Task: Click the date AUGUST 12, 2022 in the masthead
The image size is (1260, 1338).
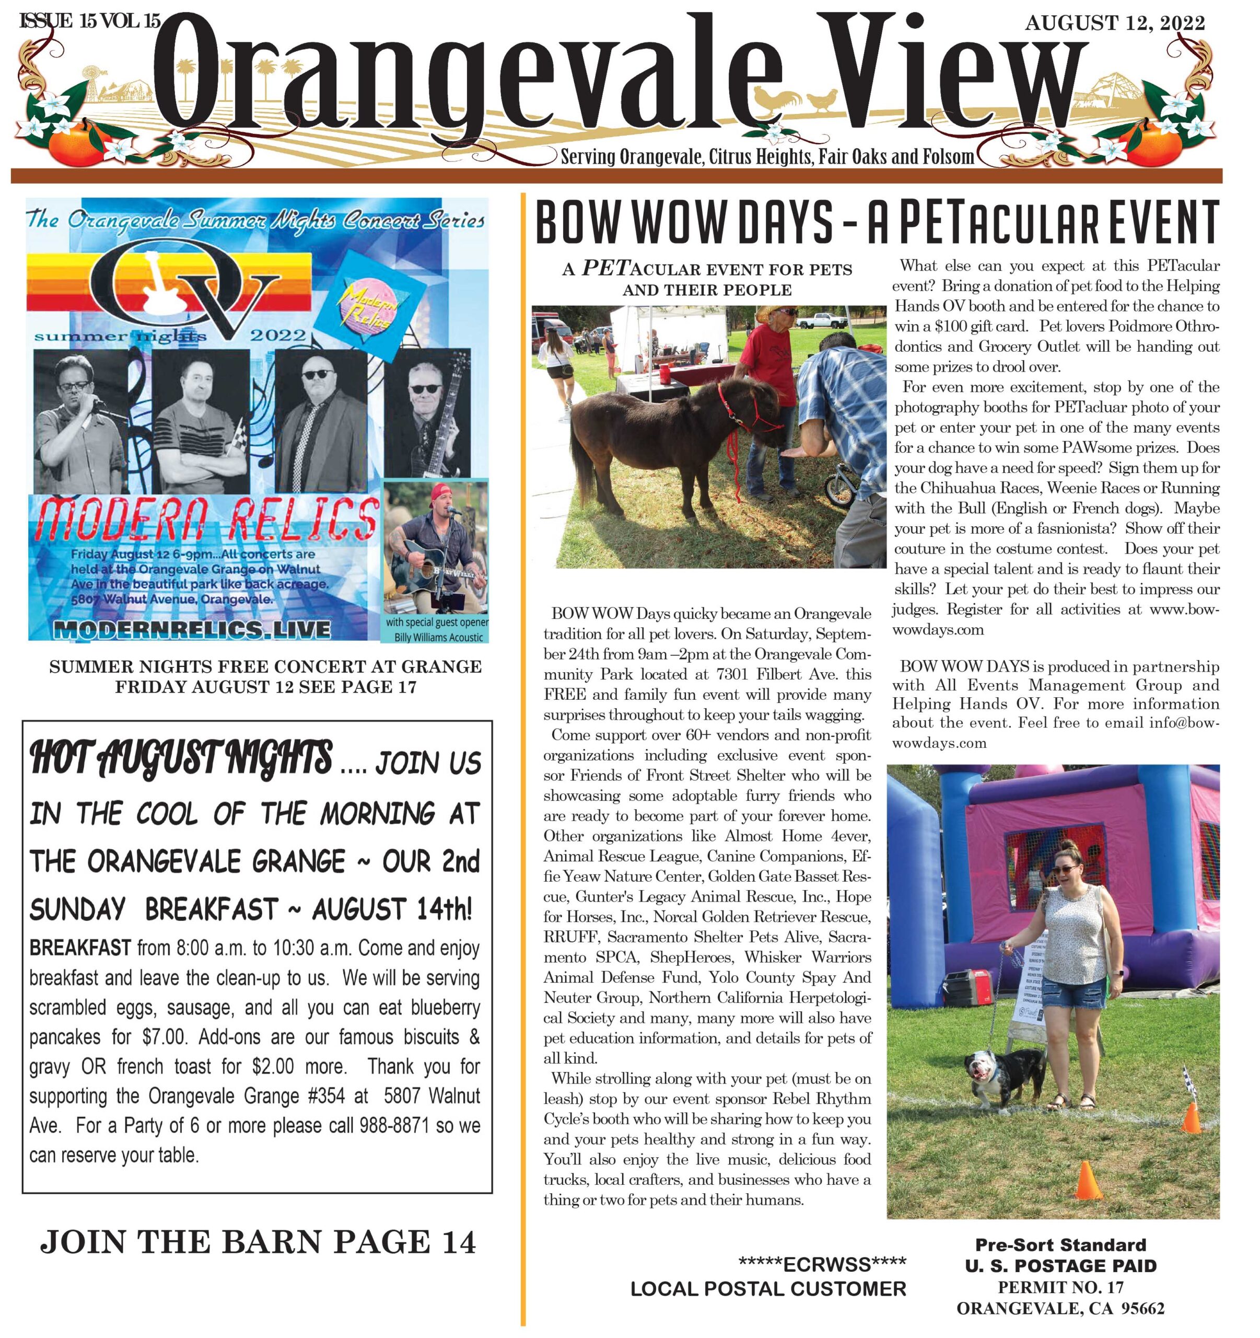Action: pyautogui.click(x=1115, y=24)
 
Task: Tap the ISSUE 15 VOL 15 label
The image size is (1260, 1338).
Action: pyautogui.click(x=89, y=21)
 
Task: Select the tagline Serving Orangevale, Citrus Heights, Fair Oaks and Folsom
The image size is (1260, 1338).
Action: pyautogui.click(x=767, y=157)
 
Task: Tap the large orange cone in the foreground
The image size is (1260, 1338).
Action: pyautogui.click(x=1088, y=1179)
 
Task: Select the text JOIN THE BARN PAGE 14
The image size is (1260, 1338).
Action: pyautogui.click(x=259, y=1241)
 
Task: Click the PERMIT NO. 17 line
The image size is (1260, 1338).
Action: pyautogui.click(x=1060, y=1287)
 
